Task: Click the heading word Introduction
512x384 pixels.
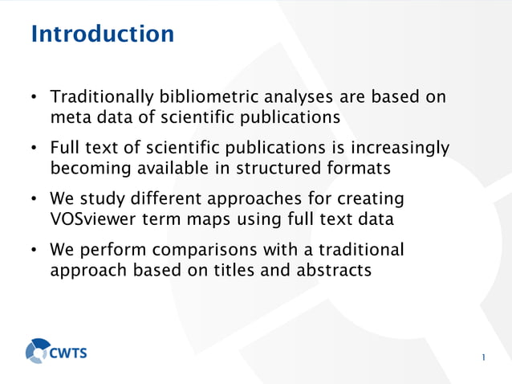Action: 102,35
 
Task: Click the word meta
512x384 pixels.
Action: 68,118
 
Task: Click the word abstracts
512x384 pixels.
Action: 331,271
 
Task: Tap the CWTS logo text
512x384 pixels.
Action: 70,352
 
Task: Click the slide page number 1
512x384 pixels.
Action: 484,357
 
